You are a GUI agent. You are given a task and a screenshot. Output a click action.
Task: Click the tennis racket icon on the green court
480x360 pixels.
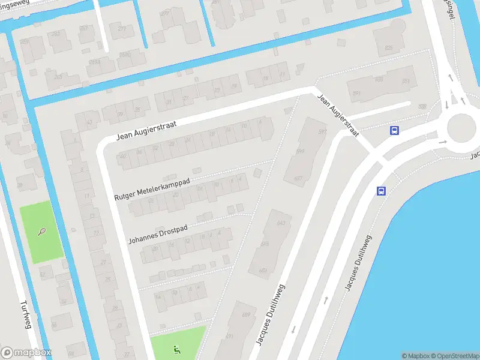[x=41, y=231]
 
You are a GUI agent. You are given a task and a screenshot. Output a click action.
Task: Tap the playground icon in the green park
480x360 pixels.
[x=176, y=349]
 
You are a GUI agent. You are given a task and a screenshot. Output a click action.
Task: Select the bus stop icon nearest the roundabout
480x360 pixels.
[x=394, y=130]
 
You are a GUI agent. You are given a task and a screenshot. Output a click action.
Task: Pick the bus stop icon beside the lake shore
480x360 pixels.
[x=381, y=191]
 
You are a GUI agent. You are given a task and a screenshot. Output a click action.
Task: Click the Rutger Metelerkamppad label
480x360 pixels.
[x=152, y=188]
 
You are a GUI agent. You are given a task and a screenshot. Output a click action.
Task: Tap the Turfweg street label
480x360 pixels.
[x=25, y=315]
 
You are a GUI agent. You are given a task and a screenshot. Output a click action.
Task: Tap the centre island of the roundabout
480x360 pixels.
[x=461, y=127]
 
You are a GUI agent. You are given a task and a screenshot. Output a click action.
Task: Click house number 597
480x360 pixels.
[x=322, y=132]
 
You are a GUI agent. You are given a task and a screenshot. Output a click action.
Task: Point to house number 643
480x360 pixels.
[x=280, y=223]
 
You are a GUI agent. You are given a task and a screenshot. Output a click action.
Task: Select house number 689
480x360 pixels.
[x=245, y=314]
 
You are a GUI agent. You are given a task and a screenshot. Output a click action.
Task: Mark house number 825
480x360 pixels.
[x=389, y=47]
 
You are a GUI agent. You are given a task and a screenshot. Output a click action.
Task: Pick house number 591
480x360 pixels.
[x=356, y=93]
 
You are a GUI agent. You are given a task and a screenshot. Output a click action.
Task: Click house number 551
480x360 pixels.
[x=406, y=81]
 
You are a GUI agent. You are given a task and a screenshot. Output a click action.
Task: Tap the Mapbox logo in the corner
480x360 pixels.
[x=26, y=352]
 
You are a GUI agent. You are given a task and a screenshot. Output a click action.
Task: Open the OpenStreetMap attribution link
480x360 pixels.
[x=454, y=356]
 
